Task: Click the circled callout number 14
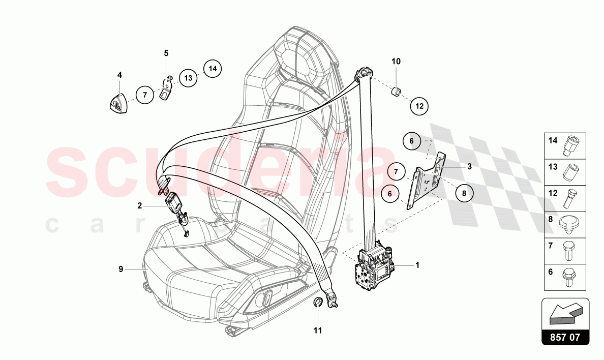click(213, 68)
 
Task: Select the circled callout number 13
click(188, 78)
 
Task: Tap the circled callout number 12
click(419, 106)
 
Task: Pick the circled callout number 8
click(464, 193)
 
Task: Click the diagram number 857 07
click(565, 336)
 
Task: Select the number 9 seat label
click(121, 269)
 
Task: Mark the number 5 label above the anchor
click(166, 53)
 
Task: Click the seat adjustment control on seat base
click(266, 298)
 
